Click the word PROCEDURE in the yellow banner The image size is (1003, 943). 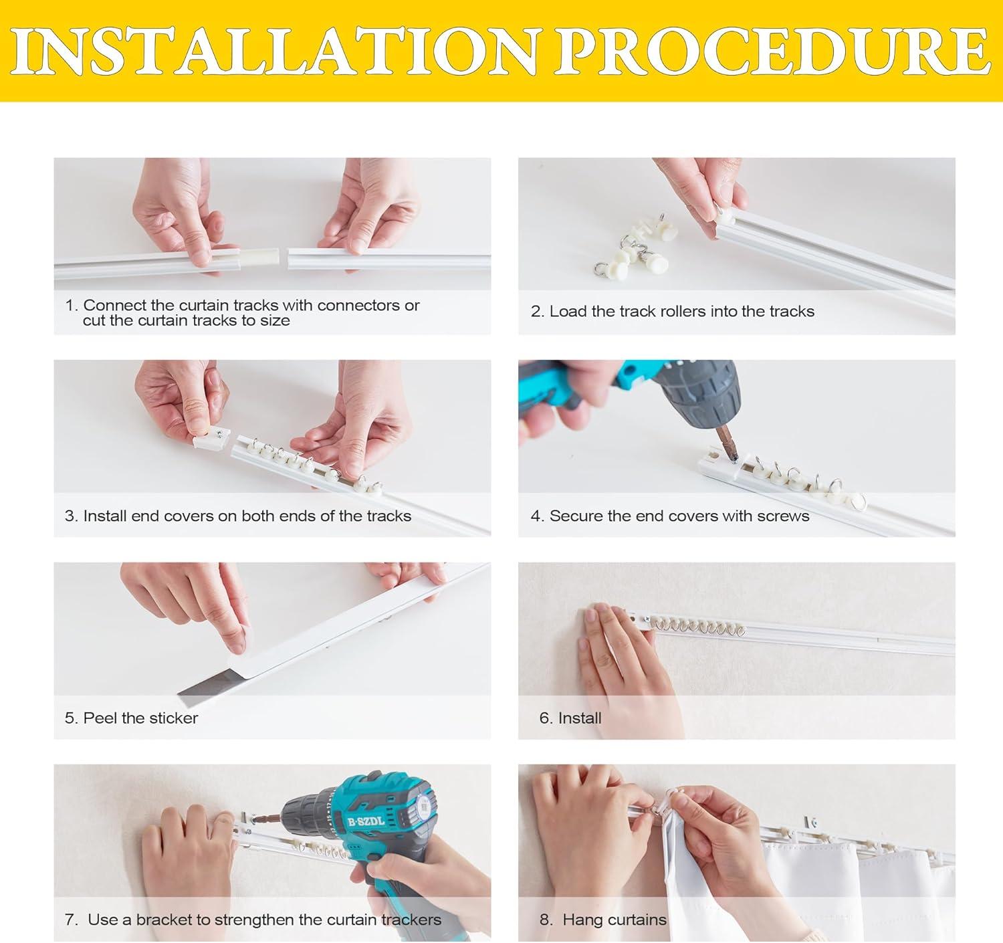click(x=773, y=51)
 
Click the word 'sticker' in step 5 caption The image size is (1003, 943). click(x=172, y=718)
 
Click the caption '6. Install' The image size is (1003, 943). click(x=570, y=718)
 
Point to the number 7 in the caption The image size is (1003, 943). click(x=70, y=920)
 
